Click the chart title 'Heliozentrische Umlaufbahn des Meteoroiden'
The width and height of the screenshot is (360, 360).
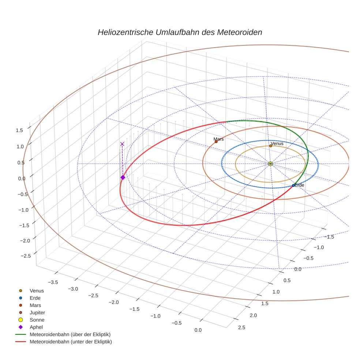coord(180,32)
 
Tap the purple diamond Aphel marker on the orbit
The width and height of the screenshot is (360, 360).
coord(123,177)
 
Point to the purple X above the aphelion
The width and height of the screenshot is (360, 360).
coord(122,144)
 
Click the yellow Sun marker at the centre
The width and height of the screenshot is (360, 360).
coord(270,164)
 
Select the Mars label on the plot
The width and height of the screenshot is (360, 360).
coord(218,139)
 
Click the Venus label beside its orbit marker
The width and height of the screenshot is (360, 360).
coord(277,143)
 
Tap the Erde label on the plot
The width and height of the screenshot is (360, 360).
coord(299,185)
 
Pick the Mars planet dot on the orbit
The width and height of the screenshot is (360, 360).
coord(216,142)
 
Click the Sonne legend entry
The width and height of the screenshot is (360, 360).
coord(37,320)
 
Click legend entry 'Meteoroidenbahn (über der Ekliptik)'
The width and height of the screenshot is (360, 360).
coord(70,334)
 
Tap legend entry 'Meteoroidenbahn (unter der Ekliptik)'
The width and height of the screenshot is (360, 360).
coord(71,342)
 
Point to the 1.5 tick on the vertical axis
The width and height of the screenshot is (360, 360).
coord(19,130)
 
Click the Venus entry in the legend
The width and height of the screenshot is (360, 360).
coord(37,290)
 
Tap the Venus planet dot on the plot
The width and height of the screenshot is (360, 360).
coord(270,146)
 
